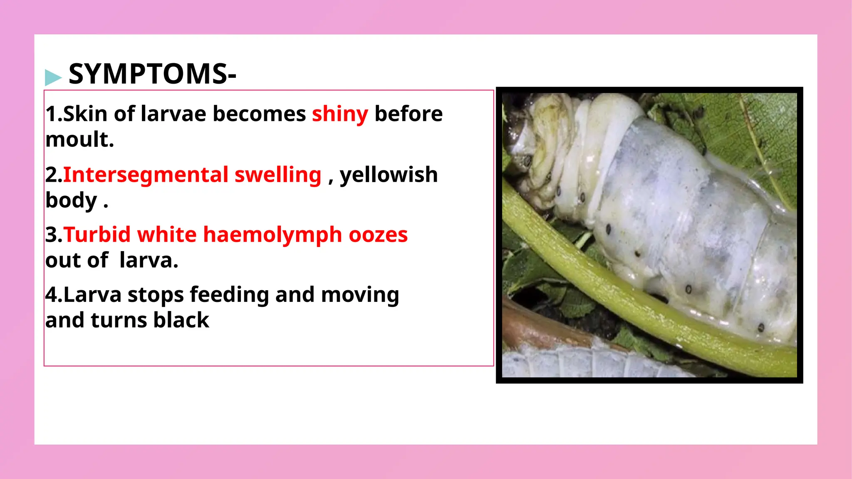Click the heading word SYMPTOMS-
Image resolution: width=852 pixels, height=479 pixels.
[152, 74]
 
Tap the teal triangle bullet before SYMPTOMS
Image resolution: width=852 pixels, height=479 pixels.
[53, 77]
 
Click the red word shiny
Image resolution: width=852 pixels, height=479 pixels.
[340, 114]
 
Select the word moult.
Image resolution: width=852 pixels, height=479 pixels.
[79, 140]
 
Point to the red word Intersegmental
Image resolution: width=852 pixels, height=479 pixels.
[146, 175]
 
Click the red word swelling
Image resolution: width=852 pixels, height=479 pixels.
[278, 175]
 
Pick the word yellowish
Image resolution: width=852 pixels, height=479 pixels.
[389, 175]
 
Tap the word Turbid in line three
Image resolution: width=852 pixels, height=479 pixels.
[97, 235]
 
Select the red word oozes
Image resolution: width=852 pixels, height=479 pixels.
[378, 235]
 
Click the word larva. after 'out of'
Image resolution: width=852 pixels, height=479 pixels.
[149, 261]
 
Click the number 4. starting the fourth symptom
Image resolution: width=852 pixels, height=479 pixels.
[54, 295]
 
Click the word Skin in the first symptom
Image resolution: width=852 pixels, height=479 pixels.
[85, 114]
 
